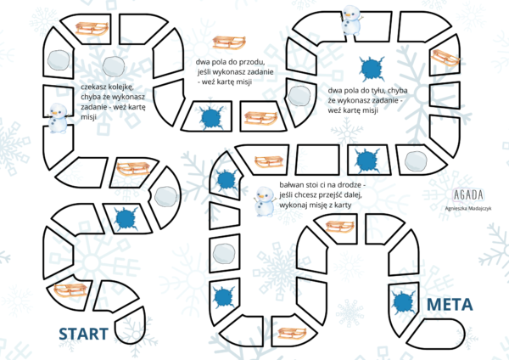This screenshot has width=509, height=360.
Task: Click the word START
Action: [83, 334]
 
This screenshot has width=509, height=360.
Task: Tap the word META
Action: [450, 305]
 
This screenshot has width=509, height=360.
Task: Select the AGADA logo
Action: [468, 195]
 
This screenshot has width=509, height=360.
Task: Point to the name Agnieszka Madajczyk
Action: [468, 208]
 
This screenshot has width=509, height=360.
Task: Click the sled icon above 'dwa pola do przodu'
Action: [229, 42]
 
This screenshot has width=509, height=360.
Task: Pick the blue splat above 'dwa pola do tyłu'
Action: [372, 69]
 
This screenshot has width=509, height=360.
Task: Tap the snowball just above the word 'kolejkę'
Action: [114, 66]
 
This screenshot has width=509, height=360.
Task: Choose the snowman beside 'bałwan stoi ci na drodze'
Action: [265, 201]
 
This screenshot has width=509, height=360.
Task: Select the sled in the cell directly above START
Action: [70, 290]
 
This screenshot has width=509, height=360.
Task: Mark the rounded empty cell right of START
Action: [130, 327]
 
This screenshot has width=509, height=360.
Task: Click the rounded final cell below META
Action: [437, 334]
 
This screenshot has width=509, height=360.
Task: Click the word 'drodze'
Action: [353, 185]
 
